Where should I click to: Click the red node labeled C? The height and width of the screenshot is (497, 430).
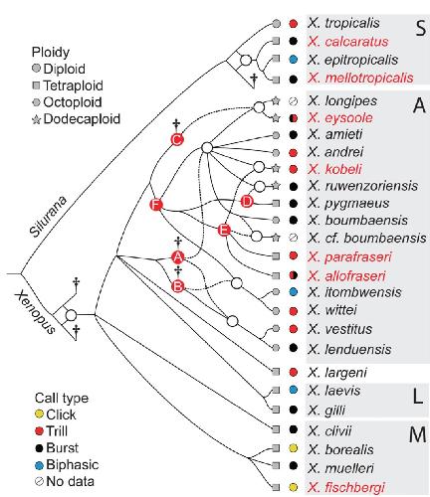tap(177, 139)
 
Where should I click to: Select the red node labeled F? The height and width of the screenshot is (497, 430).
tap(156, 205)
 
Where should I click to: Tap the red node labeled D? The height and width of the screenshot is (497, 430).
tap(247, 202)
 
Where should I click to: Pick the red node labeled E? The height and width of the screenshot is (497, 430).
tap(224, 230)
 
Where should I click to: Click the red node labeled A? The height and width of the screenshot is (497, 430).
tap(178, 256)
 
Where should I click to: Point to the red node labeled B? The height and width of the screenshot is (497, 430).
tap(178, 286)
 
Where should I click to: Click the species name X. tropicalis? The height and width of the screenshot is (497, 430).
tap(343, 23)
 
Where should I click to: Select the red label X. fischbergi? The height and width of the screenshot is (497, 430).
tap(346, 487)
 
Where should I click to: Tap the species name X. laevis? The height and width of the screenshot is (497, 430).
tap(333, 391)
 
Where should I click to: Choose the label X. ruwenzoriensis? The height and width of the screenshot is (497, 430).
tap(362, 186)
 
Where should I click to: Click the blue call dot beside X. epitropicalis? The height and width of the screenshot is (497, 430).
tap(293, 60)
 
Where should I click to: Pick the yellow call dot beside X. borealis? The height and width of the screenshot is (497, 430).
tap(293, 448)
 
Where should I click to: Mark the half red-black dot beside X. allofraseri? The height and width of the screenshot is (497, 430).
tap(293, 275)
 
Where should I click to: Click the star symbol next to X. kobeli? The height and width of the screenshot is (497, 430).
tap(276, 169)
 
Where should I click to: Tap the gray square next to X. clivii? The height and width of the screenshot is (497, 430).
tap(276, 429)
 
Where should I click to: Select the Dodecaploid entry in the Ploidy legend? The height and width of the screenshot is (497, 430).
tap(76, 119)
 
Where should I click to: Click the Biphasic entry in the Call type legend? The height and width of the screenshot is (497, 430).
tap(67, 465)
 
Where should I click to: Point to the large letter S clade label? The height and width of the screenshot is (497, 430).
tap(420, 28)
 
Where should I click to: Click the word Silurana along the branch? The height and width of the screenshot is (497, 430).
tap(49, 217)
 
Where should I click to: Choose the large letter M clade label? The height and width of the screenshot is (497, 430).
tap(417, 434)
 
